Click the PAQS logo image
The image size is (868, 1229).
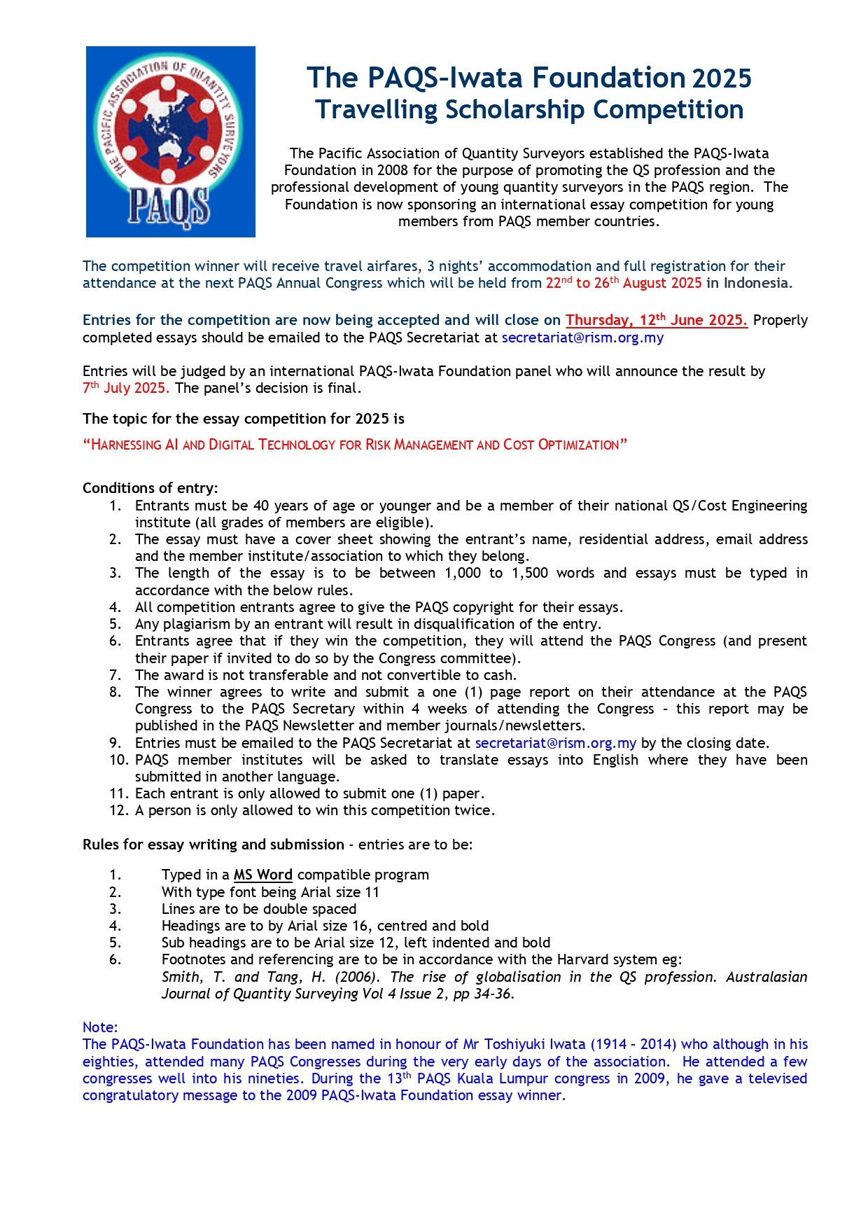170,141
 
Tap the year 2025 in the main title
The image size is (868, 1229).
722,78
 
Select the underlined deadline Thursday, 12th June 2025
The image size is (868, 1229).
656,320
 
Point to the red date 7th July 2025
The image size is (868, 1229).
126,388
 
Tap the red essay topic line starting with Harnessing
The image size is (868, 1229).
355,445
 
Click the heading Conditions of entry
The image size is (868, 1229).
150,488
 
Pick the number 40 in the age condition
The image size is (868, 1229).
261,506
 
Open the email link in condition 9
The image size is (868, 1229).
555,743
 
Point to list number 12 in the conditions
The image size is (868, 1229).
118,810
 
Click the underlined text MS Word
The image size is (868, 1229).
262,875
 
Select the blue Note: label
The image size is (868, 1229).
100,1027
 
